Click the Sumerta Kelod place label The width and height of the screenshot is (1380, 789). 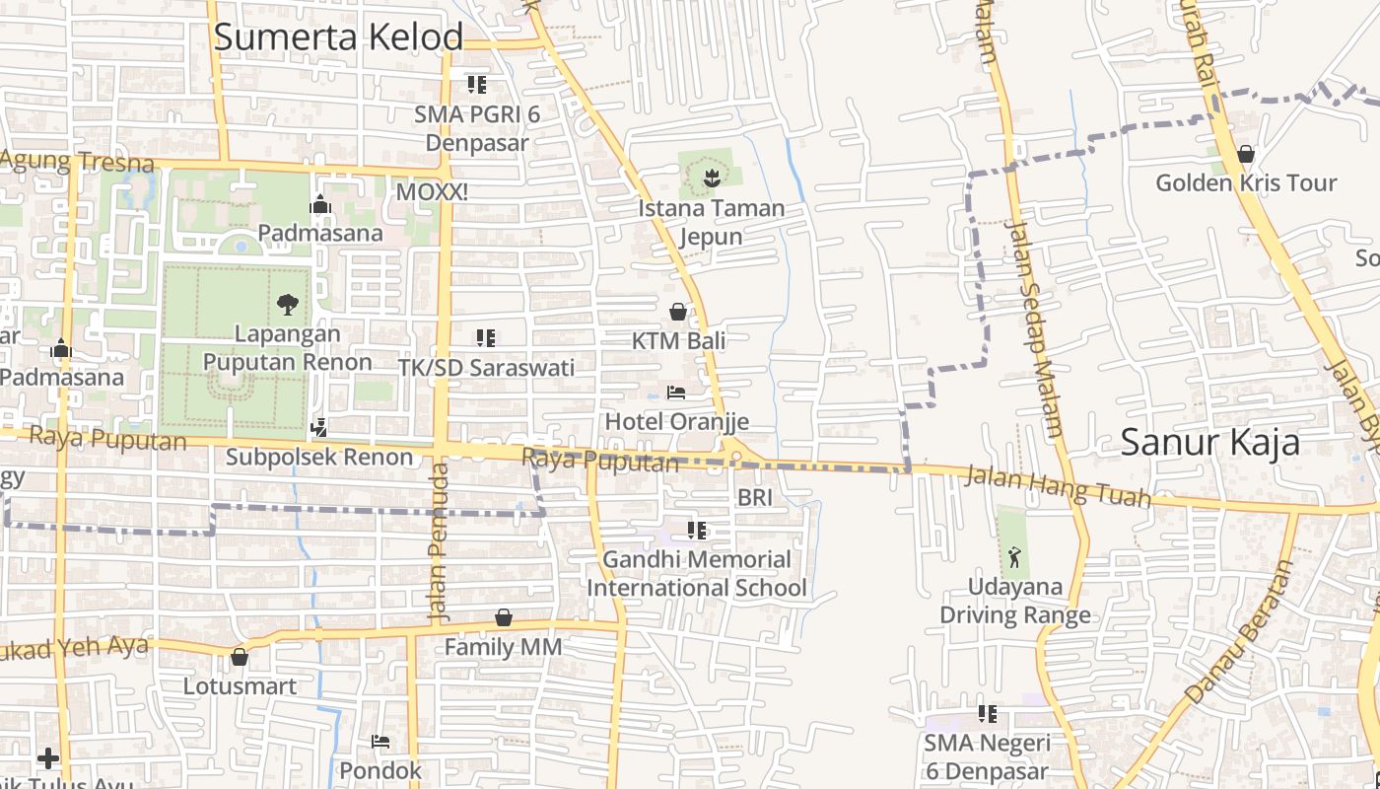click(338, 37)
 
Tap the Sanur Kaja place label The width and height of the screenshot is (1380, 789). click(1209, 443)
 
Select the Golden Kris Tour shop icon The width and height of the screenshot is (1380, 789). click(1246, 154)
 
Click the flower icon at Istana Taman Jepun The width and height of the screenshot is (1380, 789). click(710, 179)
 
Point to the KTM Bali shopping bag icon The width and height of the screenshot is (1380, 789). click(678, 312)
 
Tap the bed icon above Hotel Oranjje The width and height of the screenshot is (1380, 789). click(676, 393)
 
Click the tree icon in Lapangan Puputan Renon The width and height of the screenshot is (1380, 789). click(287, 304)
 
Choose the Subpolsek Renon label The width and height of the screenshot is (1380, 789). click(319, 457)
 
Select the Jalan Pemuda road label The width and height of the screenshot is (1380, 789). click(439, 542)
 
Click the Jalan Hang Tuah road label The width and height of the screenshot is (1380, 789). click(1058, 487)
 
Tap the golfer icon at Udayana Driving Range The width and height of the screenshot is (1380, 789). click(1014, 557)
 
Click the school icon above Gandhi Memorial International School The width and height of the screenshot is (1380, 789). click(697, 531)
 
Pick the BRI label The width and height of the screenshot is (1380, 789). click(755, 498)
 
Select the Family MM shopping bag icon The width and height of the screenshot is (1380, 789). click(504, 617)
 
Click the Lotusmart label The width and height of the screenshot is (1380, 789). click(240, 685)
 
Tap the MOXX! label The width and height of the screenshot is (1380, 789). click(432, 191)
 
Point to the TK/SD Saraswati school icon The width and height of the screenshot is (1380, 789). click(485, 338)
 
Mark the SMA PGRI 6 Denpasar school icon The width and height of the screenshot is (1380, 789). click(477, 85)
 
